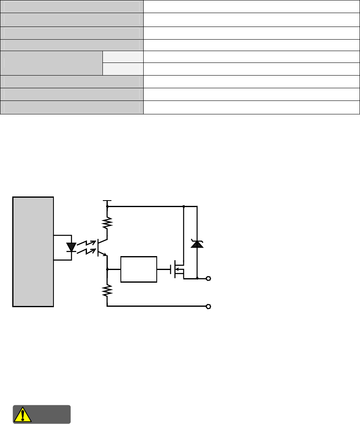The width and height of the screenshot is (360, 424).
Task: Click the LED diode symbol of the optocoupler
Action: (71, 247)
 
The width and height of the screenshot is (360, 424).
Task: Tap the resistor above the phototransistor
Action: (107, 223)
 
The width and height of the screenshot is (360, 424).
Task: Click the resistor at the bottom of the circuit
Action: (107, 291)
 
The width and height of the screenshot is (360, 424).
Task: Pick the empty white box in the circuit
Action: (139, 269)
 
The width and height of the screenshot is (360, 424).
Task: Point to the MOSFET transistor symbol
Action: (178, 269)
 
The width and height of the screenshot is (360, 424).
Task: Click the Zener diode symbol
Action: (197, 244)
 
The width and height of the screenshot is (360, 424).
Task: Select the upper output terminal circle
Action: (209, 279)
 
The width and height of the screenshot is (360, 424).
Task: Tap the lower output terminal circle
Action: (209, 306)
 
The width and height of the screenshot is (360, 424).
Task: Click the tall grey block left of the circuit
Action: (33, 251)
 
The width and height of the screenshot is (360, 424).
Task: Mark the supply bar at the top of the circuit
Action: (107, 201)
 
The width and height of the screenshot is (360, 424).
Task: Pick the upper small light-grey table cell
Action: (123, 57)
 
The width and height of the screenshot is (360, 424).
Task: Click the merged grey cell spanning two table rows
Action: (51, 63)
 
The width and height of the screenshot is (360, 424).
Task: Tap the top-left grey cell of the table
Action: (72, 6)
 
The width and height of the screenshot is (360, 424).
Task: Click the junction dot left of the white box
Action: (107, 269)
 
